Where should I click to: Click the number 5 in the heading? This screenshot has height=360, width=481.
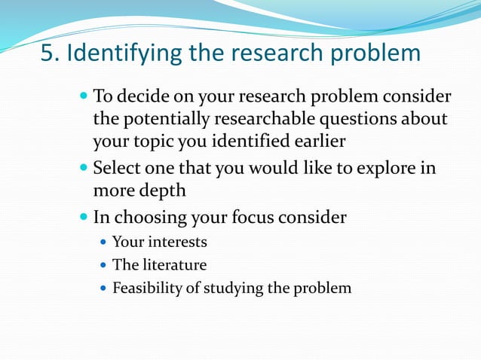47,54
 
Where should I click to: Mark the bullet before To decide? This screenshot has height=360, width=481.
83,96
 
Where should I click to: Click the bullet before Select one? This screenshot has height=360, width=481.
83,167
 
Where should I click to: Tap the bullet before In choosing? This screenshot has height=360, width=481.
83,218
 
